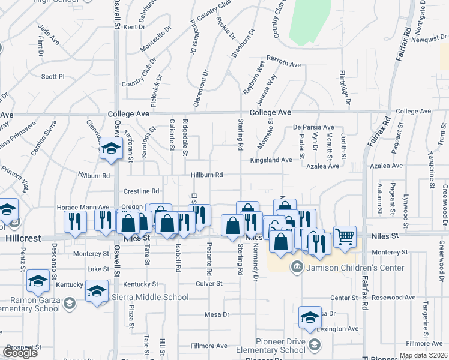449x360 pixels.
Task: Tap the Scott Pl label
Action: [x=53, y=77]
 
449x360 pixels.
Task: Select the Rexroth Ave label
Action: [x=283, y=63]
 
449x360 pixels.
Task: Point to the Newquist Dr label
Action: [x=429, y=38]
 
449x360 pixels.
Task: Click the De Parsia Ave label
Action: [x=313, y=127]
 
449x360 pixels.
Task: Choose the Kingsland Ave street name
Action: [x=271, y=160]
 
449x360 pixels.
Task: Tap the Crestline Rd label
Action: [x=141, y=191]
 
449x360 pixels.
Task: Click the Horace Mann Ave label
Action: [x=83, y=206]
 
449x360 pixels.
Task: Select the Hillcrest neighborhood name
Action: [x=23, y=238]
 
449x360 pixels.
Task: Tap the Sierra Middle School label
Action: [x=150, y=297]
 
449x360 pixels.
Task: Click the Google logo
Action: [x=20, y=353]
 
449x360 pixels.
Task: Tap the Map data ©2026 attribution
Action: [x=423, y=355]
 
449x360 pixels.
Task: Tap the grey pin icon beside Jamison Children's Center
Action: [x=295, y=267]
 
